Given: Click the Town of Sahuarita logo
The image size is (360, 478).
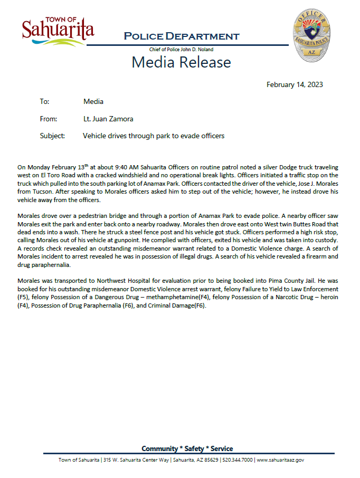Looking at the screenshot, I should [x=58, y=31].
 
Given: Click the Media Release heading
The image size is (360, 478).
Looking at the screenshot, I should [x=181, y=62].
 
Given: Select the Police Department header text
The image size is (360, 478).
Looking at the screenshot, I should [x=181, y=36].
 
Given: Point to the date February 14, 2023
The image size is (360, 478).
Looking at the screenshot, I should [x=295, y=84].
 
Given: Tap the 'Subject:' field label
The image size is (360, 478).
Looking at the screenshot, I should [x=52, y=136].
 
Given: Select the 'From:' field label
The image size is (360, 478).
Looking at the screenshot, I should [x=48, y=119].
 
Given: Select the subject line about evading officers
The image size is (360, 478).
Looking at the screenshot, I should [x=154, y=136].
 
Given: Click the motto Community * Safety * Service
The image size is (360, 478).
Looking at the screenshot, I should [x=187, y=448].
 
